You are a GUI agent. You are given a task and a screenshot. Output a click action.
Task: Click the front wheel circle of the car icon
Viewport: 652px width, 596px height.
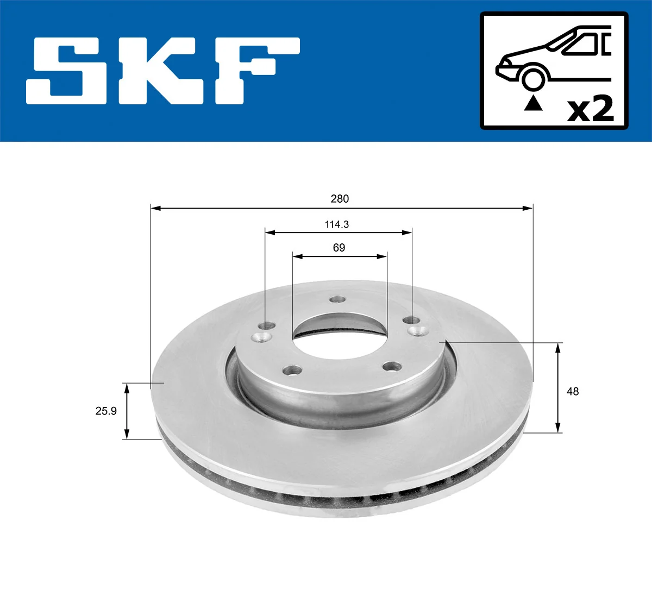532,78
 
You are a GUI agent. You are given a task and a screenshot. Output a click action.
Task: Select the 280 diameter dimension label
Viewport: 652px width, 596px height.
340,199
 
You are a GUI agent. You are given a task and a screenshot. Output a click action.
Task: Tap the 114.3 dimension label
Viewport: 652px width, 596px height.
337,224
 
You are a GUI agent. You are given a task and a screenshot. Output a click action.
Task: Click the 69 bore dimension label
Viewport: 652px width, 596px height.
339,248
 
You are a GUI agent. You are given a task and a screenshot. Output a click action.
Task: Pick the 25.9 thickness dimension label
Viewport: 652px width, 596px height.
106,411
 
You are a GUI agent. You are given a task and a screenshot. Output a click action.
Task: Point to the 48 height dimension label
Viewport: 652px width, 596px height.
573,391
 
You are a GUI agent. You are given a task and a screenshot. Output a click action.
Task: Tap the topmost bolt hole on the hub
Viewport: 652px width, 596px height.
338,300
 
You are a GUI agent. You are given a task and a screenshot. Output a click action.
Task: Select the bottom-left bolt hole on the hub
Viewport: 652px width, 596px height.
293,370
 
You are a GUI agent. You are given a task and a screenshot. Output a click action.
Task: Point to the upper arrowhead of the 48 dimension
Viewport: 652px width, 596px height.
558,348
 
